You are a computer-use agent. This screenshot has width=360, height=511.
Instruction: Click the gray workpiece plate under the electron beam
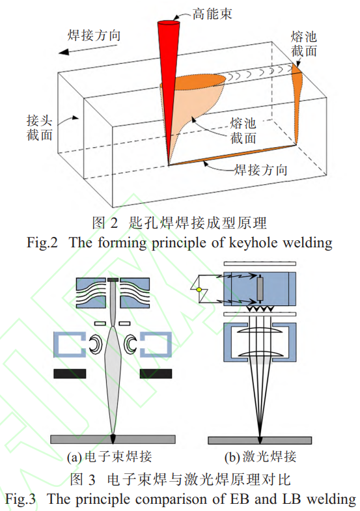coord(115,439)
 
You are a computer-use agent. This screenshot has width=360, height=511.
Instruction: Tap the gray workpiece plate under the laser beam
coord(259,439)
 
